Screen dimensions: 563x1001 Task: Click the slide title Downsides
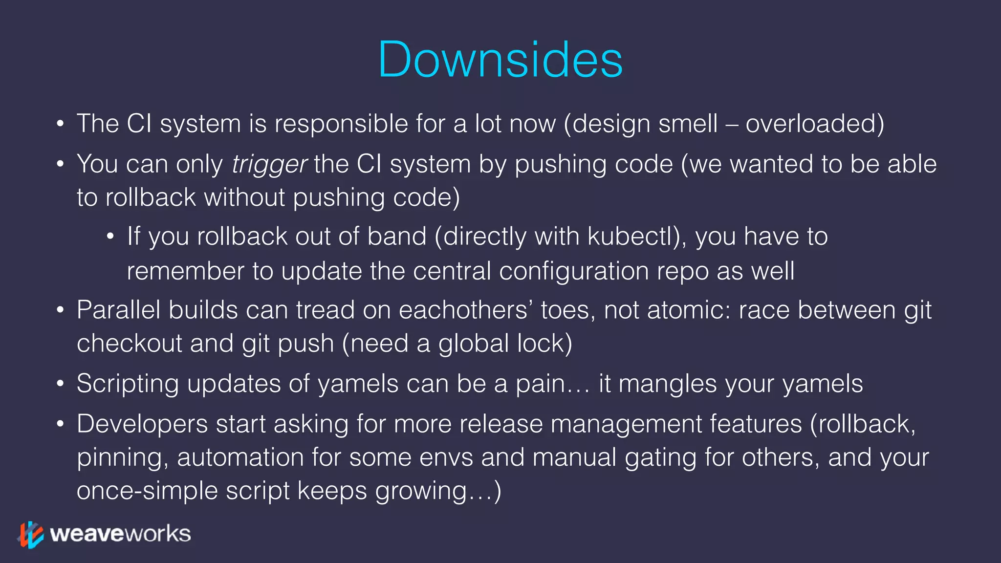(x=500, y=60)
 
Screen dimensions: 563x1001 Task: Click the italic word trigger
(x=269, y=165)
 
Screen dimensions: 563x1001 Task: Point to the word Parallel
(x=118, y=310)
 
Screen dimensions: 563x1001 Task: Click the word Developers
(x=142, y=424)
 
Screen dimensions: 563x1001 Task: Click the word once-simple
(x=147, y=491)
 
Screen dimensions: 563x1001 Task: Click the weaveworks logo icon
(x=30, y=534)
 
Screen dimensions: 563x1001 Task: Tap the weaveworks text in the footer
(x=120, y=534)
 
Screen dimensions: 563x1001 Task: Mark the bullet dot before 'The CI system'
(x=60, y=124)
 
